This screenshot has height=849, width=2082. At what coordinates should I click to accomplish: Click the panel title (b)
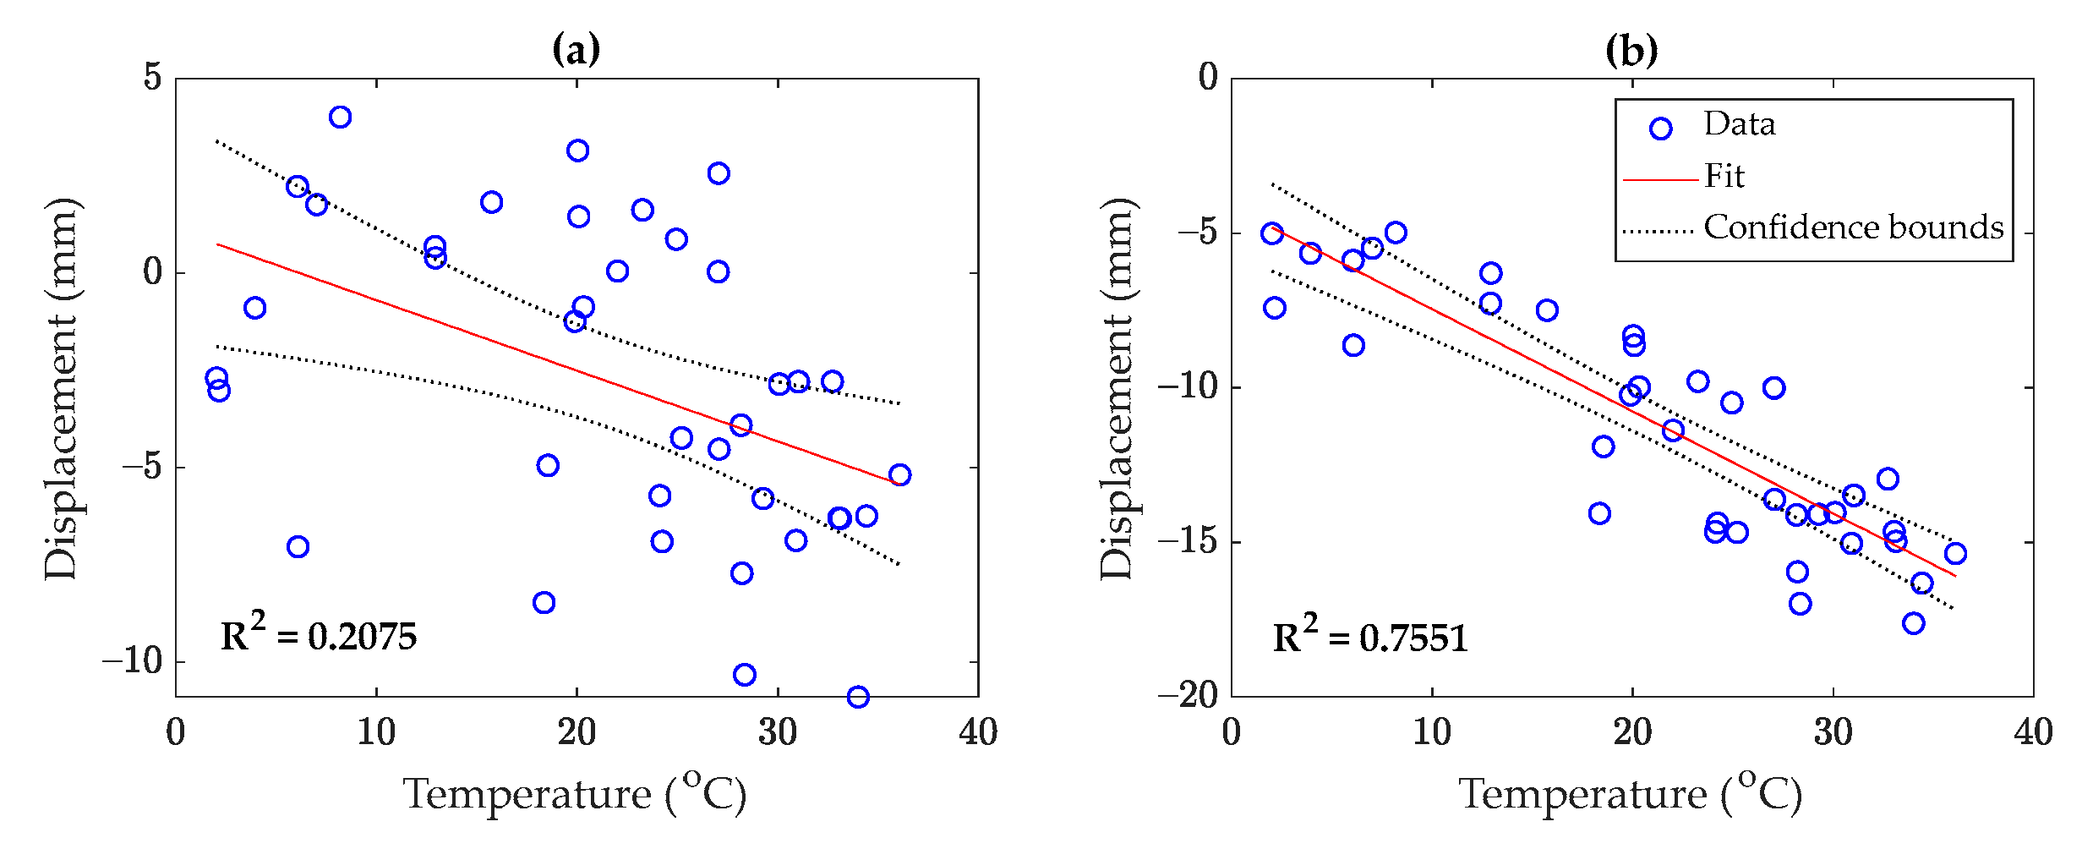1631,50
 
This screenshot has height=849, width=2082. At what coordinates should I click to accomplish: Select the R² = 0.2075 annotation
318,635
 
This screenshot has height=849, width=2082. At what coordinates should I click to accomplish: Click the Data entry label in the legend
1739,124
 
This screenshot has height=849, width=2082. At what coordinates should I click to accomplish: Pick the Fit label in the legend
1724,176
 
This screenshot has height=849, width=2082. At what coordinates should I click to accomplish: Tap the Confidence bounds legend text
1853,227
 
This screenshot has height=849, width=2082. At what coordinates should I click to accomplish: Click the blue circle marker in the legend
1660,129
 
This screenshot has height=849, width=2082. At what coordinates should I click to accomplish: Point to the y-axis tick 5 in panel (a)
153,77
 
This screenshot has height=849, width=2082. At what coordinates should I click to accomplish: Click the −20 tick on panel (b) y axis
1188,696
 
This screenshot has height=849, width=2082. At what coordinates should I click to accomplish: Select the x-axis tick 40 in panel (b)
2033,732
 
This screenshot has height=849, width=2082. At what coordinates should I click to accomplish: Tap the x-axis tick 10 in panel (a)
376,732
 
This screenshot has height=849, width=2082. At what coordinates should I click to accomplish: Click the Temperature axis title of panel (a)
575,794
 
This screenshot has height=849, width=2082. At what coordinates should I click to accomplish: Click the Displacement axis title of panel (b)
1117,388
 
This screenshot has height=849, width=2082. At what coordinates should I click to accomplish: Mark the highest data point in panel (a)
340,117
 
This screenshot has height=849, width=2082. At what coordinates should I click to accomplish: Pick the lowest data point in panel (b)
1914,623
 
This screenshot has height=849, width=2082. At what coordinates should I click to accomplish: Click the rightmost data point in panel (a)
899,474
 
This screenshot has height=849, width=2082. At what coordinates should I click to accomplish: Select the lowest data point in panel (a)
858,697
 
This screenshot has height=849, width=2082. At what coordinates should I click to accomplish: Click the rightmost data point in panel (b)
1955,553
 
